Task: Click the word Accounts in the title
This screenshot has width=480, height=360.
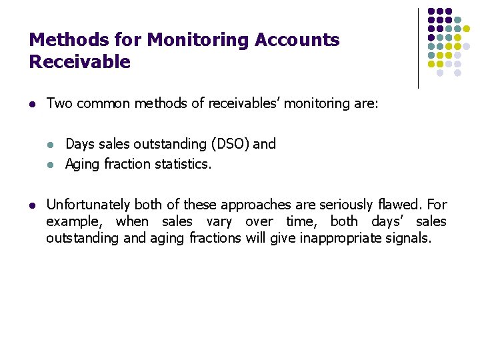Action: pos(293,40)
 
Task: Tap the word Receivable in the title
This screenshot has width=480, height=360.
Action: pos(79,62)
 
